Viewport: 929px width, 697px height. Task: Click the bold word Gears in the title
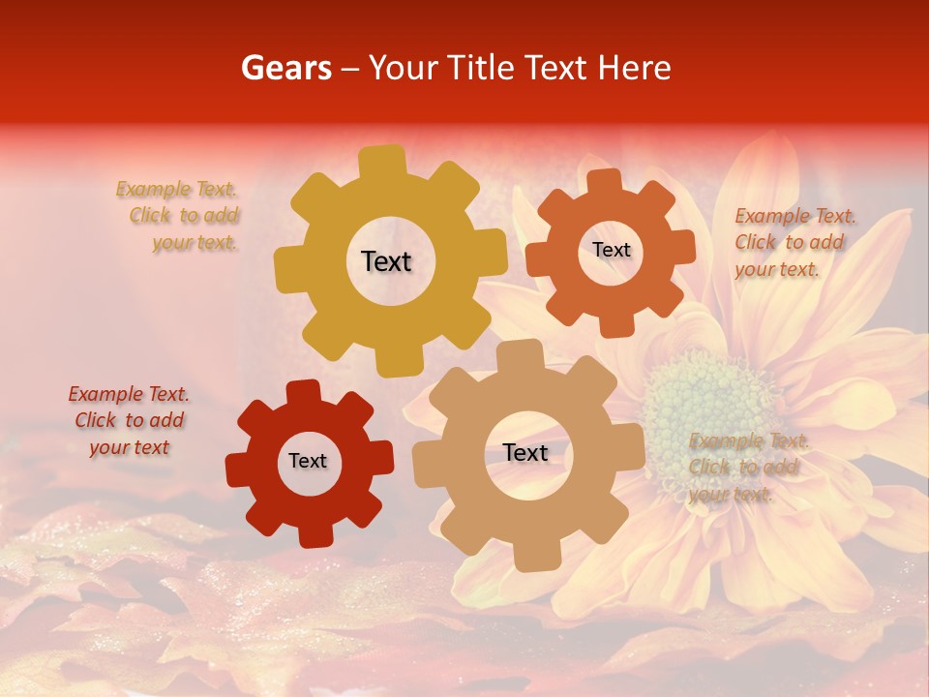point(285,68)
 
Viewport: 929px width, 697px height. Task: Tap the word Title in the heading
point(485,68)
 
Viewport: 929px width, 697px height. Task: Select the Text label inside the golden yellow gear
point(387,261)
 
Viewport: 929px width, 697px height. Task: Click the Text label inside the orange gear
point(611,250)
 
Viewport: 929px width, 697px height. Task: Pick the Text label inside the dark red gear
point(308,461)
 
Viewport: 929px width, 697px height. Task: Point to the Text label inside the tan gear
point(525,452)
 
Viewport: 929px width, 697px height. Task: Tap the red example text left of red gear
point(129,420)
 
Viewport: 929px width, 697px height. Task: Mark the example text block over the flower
point(746,468)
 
